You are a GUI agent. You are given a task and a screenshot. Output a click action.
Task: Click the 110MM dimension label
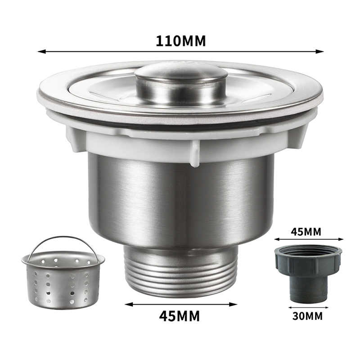click(181, 41)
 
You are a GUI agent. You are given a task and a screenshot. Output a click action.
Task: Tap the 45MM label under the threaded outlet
click(179, 316)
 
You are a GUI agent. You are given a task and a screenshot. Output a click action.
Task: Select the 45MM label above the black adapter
click(306, 232)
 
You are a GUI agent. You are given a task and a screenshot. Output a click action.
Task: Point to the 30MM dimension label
click(307, 316)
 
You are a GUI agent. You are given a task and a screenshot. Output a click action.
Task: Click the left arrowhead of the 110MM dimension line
click(41, 52)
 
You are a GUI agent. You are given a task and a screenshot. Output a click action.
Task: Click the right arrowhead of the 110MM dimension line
click(320, 52)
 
